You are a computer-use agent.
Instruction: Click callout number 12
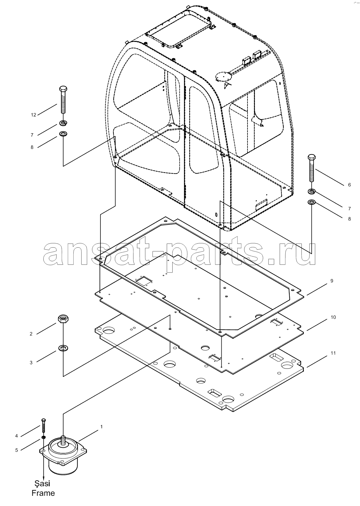click(33, 115)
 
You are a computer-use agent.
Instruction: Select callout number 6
click(350, 185)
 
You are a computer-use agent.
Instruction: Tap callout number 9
click(332, 281)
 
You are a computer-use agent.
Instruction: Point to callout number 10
click(333, 317)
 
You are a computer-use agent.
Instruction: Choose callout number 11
click(333, 353)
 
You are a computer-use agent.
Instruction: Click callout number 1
click(102, 427)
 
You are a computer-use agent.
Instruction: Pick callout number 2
click(31, 334)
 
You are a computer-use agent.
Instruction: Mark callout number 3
click(31, 363)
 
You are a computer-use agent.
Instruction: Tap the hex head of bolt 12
click(63, 89)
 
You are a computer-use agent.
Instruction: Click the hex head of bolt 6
click(312, 157)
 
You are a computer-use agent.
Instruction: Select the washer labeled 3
click(63, 348)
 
